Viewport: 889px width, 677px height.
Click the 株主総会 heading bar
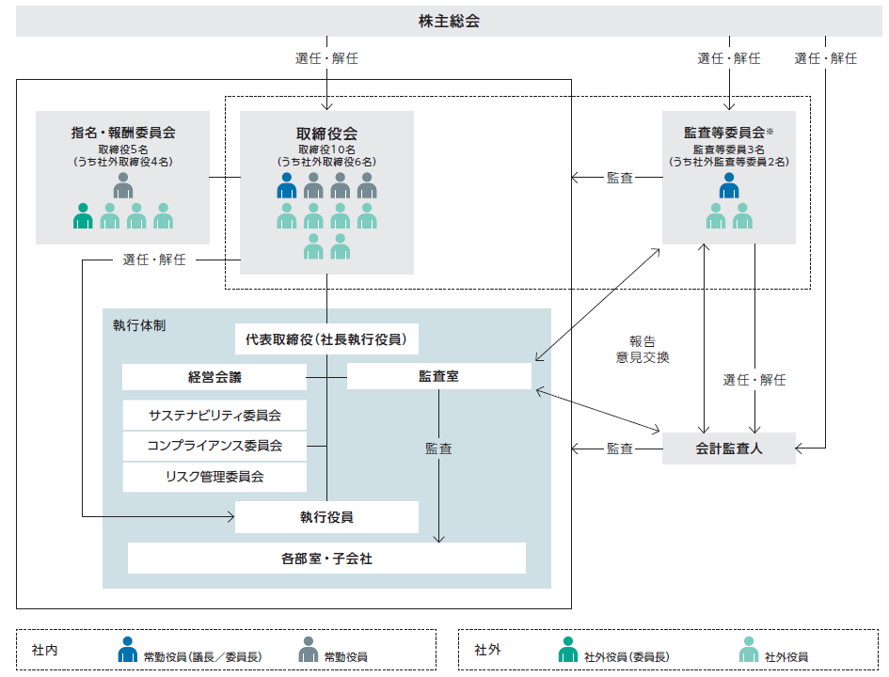[448, 21]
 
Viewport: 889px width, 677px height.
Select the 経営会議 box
[214, 377]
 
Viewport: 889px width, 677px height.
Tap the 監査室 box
[438, 376]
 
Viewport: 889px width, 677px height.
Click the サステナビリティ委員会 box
[214, 415]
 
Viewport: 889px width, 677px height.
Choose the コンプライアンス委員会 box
[214, 446]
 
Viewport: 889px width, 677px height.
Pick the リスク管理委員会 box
[214, 477]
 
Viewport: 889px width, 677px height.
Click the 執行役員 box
[326, 517]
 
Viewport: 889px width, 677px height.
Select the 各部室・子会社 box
[326, 559]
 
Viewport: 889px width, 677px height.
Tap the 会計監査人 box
[729, 449]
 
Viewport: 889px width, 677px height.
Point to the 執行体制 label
[139, 325]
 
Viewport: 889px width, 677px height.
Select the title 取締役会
[326, 134]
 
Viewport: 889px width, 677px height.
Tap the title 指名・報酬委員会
[123, 133]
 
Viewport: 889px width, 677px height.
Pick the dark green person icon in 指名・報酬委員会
[84, 216]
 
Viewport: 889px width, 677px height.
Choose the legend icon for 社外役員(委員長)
[567, 650]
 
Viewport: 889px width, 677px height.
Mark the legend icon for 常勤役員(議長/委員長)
[128, 650]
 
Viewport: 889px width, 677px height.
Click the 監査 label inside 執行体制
[438, 449]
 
